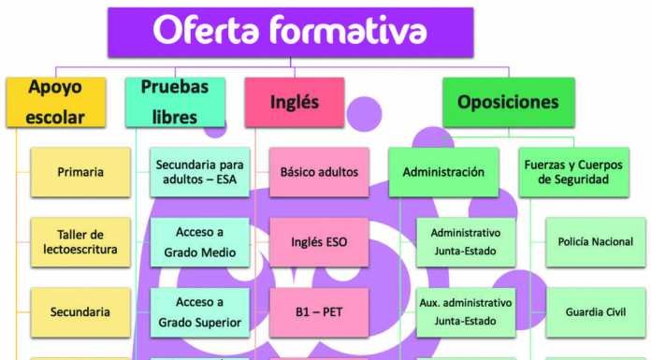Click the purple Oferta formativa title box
[290, 32]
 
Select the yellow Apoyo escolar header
[55, 102]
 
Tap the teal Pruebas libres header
[175, 102]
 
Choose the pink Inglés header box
[294, 102]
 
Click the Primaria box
[80, 172]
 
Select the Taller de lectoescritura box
[80, 241]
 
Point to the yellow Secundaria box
[80, 312]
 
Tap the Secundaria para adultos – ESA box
[199, 172]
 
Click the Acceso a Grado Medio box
[199, 241]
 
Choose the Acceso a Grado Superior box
[199, 312]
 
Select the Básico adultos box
[319, 172]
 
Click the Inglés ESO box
[319, 241]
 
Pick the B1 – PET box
[319, 312]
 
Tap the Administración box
[443, 172]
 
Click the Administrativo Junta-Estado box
[465, 241]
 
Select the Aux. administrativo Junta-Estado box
[465, 312]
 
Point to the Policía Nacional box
[595, 241]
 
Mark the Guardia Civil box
[595, 312]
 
